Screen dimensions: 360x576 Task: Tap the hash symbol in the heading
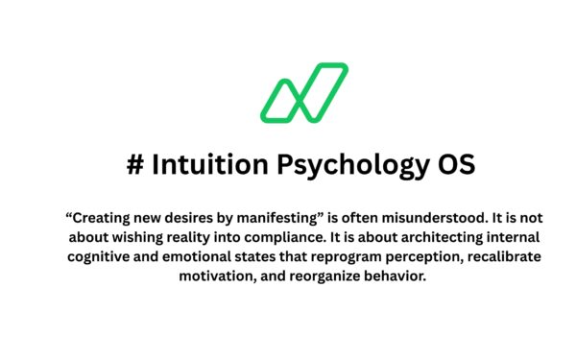click(135, 164)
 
